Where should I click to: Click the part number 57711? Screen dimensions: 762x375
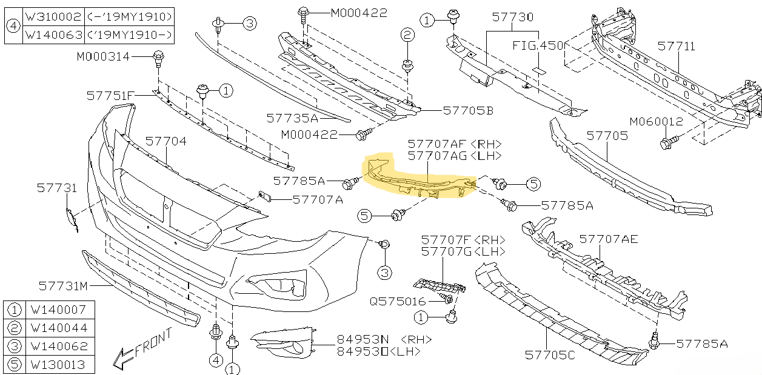click(x=677, y=46)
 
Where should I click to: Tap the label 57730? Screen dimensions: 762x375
click(x=513, y=17)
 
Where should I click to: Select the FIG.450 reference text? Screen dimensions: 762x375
click(x=538, y=45)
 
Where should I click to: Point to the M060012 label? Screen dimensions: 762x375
click(x=656, y=121)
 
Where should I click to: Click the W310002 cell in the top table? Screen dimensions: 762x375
click(x=53, y=16)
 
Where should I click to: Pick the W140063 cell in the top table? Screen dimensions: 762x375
click(x=53, y=35)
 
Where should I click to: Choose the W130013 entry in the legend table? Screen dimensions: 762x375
click(x=58, y=365)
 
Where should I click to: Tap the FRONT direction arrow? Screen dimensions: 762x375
click(x=124, y=358)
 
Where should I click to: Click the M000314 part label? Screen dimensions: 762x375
click(x=103, y=56)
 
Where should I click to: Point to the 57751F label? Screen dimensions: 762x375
click(x=110, y=96)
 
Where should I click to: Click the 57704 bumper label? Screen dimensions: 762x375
click(x=166, y=141)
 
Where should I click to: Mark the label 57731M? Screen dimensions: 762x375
click(x=63, y=286)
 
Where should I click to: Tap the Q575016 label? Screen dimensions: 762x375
click(x=398, y=301)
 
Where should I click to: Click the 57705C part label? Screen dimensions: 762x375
click(x=550, y=355)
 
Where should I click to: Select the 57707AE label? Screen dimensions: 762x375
click(x=609, y=239)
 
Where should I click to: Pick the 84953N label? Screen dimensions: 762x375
click(x=363, y=339)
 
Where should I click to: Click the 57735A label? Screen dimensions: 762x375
click(x=292, y=118)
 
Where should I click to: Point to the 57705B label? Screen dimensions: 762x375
click(x=468, y=110)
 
